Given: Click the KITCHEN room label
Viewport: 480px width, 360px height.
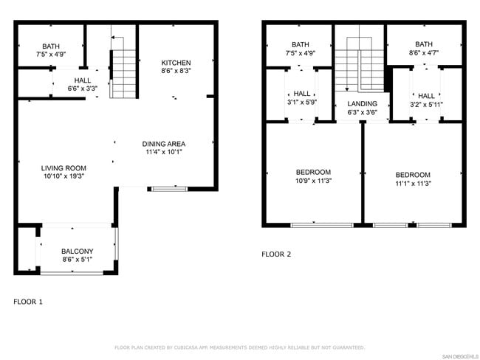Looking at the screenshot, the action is point(176,63).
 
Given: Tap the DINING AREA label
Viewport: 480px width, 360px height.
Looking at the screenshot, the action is point(164,144).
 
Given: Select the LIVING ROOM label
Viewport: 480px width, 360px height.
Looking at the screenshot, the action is point(64,168).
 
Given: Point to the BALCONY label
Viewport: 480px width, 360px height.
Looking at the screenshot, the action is point(77,251).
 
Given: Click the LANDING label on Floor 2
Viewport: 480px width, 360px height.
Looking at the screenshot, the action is point(362,104).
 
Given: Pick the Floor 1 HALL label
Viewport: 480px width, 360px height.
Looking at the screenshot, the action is point(83,80).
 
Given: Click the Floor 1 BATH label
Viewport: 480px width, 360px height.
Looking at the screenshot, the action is point(51,46).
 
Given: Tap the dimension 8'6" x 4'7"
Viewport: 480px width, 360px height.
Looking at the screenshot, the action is point(424,52).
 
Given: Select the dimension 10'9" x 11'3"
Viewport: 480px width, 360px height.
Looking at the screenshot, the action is point(313,181).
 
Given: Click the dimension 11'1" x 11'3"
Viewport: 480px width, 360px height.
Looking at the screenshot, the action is point(413,184).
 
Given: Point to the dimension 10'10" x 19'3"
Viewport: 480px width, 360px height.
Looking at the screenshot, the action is point(64,176).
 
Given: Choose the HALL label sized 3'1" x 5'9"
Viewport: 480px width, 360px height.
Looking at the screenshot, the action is point(302,94).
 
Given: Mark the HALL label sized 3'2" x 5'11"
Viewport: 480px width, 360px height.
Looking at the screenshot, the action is point(426,96).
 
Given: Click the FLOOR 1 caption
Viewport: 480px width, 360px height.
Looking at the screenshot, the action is point(28,302).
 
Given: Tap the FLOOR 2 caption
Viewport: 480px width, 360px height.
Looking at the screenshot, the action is point(276,255).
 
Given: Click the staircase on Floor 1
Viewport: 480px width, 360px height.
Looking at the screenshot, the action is point(123,74).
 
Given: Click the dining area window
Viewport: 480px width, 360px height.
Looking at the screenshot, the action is point(170,189).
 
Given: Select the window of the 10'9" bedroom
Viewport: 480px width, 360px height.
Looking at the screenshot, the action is point(322,226).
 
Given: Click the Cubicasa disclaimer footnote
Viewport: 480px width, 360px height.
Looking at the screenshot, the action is point(240,347).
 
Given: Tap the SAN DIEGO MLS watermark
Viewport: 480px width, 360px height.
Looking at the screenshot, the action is point(460,356).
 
